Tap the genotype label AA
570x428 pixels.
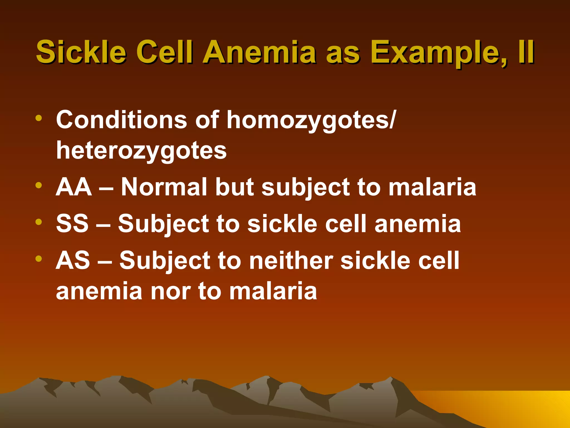click(x=74, y=187)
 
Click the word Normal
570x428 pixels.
click(x=164, y=187)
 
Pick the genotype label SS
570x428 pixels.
click(x=72, y=224)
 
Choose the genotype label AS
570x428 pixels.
click(x=73, y=260)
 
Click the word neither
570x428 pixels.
click(x=291, y=260)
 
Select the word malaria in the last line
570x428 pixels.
click(x=273, y=291)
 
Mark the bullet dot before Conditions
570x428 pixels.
click(x=39, y=118)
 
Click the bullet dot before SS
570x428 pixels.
click(x=39, y=222)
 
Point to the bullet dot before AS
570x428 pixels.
click(x=39, y=259)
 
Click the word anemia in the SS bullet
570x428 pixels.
click(x=418, y=224)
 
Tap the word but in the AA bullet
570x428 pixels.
click(x=235, y=187)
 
